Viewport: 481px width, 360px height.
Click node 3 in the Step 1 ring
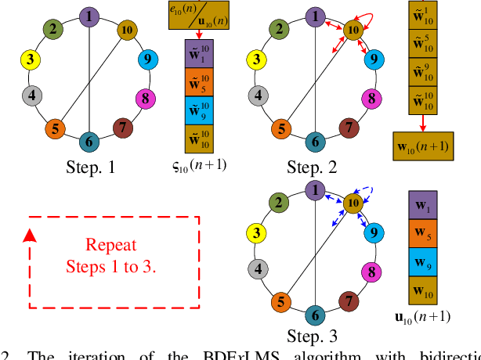click(31, 59)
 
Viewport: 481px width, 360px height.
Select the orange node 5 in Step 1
click(55, 127)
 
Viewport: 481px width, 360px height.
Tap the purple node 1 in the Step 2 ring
click(314, 16)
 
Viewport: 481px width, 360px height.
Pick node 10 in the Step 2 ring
click(353, 30)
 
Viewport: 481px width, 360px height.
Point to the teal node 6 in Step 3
click(314, 315)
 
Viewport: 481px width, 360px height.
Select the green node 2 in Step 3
click(277, 203)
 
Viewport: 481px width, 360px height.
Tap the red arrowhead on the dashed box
click(29, 235)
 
